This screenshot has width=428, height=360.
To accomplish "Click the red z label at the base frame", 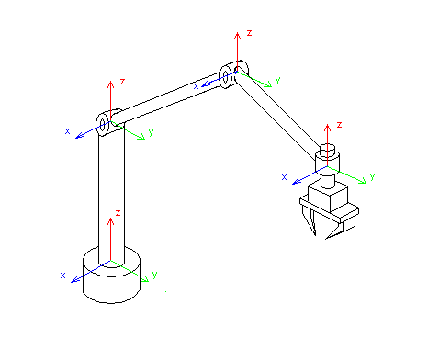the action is pyautogui.click(x=118, y=213).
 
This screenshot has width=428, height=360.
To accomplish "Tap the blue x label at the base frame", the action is pyautogui.click(x=62, y=276).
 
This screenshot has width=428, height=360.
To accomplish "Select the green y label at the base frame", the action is pyautogui.click(x=154, y=275).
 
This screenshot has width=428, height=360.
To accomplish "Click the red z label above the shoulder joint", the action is pyautogui.click(x=122, y=82).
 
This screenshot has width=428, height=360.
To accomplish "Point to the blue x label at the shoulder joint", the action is pyautogui.click(x=67, y=131).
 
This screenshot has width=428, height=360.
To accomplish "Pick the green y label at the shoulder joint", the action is pyautogui.click(x=151, y=133).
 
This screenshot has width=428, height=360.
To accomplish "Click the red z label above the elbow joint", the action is pyautogui.click(x=249, y=33).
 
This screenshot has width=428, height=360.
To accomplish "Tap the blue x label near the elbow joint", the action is pyautogui.click(x=196, y=86).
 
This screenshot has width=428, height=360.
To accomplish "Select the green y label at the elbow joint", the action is pyautogui.click(x=277, y=80).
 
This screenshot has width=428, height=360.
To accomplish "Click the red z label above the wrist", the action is pyautogui.click(x=339, y=125).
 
